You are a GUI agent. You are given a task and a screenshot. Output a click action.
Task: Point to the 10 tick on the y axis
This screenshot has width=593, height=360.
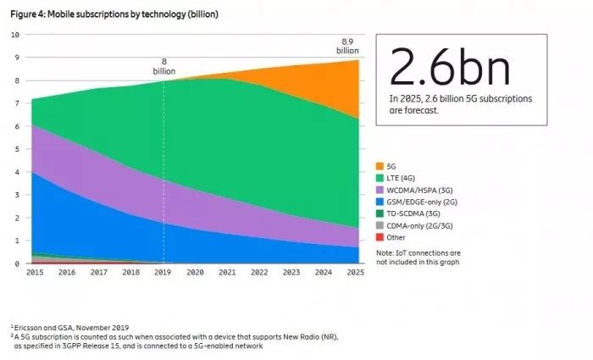[x=14, y=35]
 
